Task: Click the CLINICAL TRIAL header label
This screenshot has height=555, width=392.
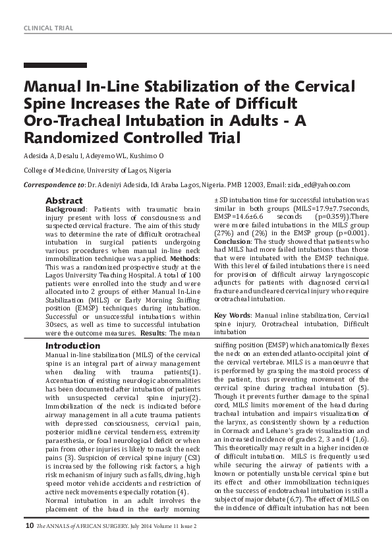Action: pos(48,28)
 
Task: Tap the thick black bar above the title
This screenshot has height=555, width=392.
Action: pos(55,65)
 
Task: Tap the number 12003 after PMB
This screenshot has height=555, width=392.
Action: pos(263,185)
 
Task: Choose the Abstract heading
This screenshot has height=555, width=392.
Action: pos(64,200)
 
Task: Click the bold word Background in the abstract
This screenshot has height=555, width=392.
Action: pos(66,209)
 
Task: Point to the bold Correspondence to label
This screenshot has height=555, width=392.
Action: pos(54,185)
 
